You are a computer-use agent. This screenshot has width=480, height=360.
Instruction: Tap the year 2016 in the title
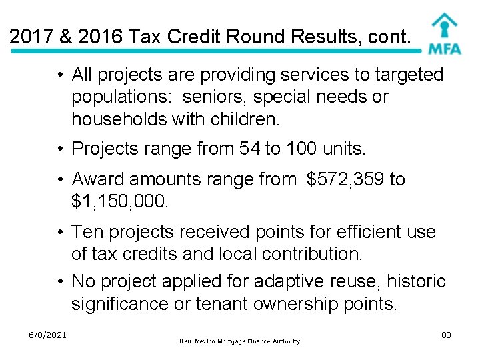(x=101, y=36)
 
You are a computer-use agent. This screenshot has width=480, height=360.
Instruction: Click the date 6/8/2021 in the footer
(x=47, y=335)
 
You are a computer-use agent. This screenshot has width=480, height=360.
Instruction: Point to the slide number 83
(x=446, y=335)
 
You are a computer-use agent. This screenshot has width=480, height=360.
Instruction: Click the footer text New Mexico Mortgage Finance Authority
(x=240, y=341)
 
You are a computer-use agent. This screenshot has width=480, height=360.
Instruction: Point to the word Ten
(x=87, y=232)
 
